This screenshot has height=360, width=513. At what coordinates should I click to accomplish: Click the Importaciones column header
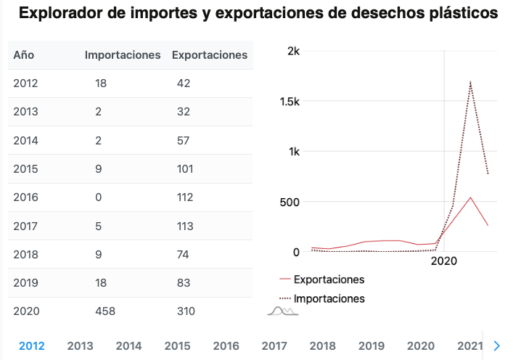click(x=123, y=55)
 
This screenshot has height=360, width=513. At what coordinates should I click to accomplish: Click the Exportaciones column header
click(x=209, y=55)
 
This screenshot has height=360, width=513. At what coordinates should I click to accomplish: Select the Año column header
click(x=24, y=55)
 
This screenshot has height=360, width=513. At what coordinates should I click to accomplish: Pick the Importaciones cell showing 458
click(x=105, y=311)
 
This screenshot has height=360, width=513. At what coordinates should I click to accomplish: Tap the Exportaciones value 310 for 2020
click(x=186, y=311)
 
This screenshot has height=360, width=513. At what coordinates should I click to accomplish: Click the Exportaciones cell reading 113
click(x=186, y=226)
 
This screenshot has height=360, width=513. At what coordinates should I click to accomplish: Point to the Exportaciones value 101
click(x=185, y=169)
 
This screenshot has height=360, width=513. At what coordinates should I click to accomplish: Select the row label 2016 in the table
click(x=25, y=197)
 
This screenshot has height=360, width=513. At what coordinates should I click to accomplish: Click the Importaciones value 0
click(x=98, y=197)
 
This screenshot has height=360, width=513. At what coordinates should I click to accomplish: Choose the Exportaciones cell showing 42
click(x=184, y=83)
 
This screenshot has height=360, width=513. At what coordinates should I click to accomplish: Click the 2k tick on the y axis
click(x=293, y=51)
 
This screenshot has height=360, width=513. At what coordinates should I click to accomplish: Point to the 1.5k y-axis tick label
click(x=290, y=101)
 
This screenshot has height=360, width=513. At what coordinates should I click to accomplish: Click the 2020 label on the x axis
click(x=444, y=261)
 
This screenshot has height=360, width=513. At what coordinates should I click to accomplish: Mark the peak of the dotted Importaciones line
click(x=470, y=81)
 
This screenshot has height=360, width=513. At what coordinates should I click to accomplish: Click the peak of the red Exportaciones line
click(x=470, y=197)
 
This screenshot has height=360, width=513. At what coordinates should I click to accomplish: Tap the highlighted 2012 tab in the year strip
click(x=32, y=346)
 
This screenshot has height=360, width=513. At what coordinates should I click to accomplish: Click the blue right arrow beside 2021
click(x=497, y=346)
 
